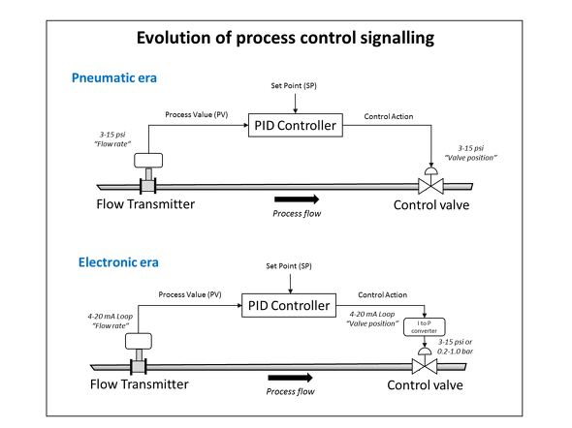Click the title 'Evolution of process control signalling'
coord(285,38)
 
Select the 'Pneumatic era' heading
coord(114,77)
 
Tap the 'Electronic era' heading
coord(118,262)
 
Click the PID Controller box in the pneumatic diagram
coord(296,125)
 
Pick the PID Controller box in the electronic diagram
coord(289,305)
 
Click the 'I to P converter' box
coord(425,327)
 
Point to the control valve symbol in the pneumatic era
coord(430,181)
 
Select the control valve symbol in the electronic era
coord(425,360)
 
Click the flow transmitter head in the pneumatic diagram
coord(148,161)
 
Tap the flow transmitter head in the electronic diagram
coord(139,341)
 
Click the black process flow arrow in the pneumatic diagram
coord(297,199)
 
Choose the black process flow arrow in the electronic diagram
coord(291,378)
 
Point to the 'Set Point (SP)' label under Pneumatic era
coord(294,85)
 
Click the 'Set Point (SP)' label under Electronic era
coord(289,266)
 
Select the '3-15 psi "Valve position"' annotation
coord(471,153)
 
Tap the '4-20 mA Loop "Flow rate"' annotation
coord(111,321)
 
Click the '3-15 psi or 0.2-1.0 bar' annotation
coord(456,347)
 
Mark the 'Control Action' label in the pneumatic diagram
coord(389,116)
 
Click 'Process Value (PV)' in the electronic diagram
coord(190,294)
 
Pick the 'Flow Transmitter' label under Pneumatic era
coord(145,204)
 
